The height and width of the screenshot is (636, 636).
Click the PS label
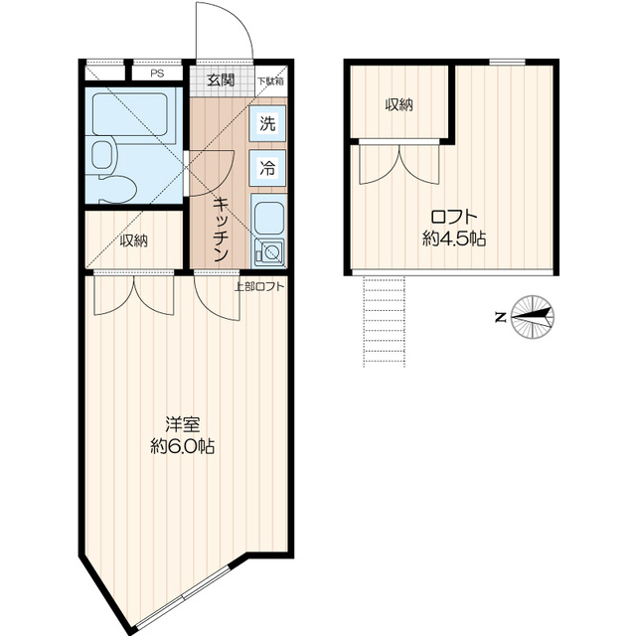[157, 74]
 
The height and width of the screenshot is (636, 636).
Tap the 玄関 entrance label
[221, 79]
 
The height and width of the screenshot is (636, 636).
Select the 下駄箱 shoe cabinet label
[270, 80]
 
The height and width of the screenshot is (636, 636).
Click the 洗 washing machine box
[267, 123]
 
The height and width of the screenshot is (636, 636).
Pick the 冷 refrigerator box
[267, 168]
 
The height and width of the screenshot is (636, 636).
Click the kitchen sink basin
[267, 218]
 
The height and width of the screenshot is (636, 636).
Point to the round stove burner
[271, 251]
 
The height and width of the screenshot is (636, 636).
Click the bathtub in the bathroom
[130, 115]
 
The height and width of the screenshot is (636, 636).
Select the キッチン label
[220, 230]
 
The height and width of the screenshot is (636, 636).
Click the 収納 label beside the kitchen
[133, 240]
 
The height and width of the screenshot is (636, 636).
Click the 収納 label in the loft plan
[398, 105]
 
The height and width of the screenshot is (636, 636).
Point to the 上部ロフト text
[259, 287]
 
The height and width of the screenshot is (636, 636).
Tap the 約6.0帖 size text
[183, 446]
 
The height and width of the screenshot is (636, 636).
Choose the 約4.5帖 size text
[454, 238]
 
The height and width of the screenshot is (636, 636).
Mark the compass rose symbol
[533, 316]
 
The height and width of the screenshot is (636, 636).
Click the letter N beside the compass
[501, 317]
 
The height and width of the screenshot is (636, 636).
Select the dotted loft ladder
[385, 322]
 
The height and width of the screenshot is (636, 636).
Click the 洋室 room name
[183, 424]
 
